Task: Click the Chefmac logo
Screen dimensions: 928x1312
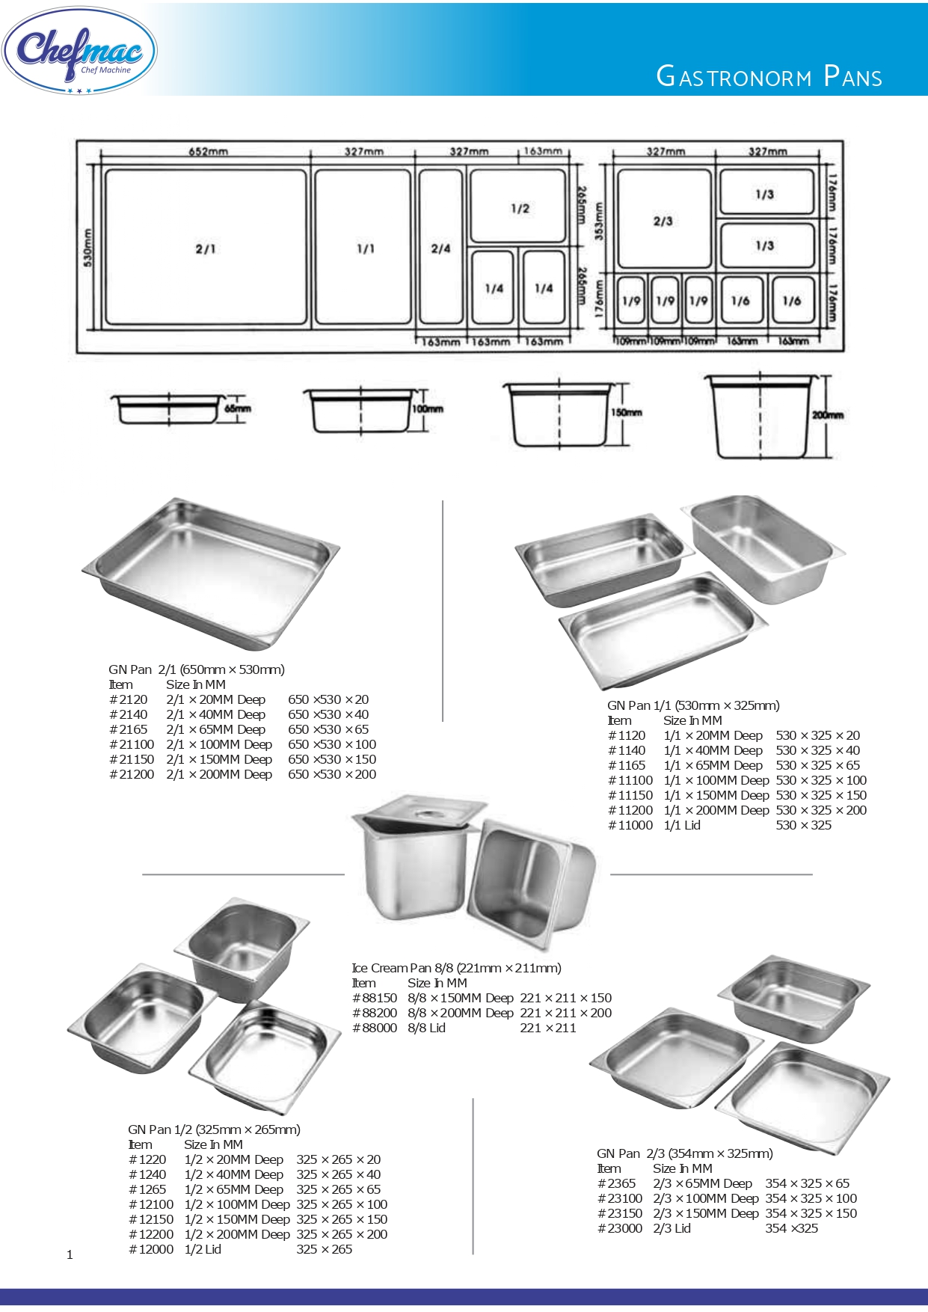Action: click(79, 51)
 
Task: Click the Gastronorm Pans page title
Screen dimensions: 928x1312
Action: click(769, 76)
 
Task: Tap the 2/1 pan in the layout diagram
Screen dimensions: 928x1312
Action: click(206, 248)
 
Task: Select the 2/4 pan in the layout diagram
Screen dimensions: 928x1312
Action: click(441, 248)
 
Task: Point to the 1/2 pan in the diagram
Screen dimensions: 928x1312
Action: click(519, 206)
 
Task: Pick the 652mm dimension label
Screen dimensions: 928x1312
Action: click(208, 151)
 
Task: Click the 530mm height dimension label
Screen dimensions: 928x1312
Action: click(88, 248)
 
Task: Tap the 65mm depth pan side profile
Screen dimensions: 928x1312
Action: click(169, 408)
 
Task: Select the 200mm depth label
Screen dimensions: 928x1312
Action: click(828, 414)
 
